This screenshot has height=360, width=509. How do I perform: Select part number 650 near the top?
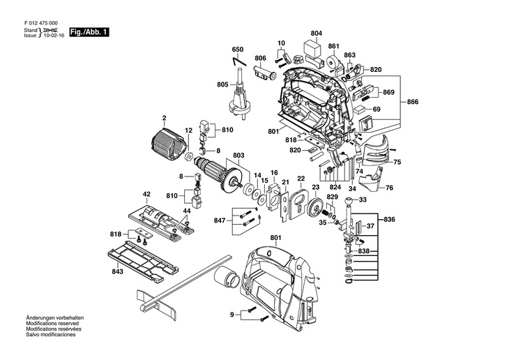tap(238, 49)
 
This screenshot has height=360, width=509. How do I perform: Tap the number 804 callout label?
tap(317, 33)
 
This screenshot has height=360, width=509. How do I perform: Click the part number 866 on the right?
tap(413, 103)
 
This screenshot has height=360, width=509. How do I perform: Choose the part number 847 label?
tap(221, 220)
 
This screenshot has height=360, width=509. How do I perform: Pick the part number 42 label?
tap(147, 194)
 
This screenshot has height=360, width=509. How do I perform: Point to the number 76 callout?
tap(389, 188)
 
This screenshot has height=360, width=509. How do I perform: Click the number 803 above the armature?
tap(238, 155)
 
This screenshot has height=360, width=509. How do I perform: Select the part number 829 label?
tap(333, 198)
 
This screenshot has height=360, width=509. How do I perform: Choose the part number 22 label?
tap(301, 179)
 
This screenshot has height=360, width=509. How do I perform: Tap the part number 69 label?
tap(377, 110)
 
